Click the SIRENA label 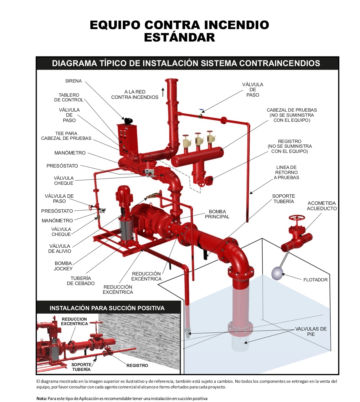tap(73, 81)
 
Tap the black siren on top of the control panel tap(128, 121)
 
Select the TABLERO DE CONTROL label tap(69, 97)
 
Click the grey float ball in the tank tap(277, 273)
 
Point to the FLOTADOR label tap(315, 280)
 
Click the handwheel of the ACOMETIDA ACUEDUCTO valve tap(296, 218)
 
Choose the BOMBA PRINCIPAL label tap(217, 214)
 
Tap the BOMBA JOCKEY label tap(63, 266)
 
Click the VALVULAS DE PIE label tap(311, 332)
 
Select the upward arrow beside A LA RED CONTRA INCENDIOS tap(163, 92)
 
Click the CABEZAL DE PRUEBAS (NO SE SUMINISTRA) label tap(292, 115)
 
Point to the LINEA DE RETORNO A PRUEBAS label tap(286, 173)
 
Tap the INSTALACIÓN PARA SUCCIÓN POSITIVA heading tap(107, 308)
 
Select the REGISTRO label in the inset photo tap(137, 366)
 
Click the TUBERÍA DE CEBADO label tap(81, 281)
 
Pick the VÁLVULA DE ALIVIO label tap(60, 249)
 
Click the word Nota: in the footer tap(42, 399)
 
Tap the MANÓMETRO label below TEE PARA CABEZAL tap(70, 153)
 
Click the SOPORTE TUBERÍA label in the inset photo tap(81, 367)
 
